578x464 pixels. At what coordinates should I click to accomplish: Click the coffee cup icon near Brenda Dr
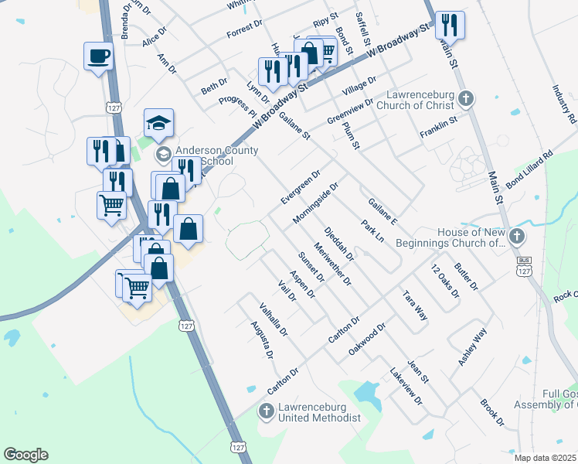pos(98,56)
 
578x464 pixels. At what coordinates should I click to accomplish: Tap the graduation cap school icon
pos(158,124)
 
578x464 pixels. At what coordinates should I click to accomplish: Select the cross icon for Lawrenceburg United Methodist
pos(266,411)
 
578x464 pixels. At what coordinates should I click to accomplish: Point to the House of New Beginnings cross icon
pos(517,236)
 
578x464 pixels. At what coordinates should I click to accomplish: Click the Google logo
pos(25,455)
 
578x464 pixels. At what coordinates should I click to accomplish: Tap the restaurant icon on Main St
pos(449,26)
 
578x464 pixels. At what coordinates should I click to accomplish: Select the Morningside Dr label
pos(316,203)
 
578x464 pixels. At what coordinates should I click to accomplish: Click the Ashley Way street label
pos(472,347)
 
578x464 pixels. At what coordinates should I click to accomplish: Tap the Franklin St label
pos(438,128)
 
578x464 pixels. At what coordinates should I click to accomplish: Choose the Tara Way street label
pos(415,305)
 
